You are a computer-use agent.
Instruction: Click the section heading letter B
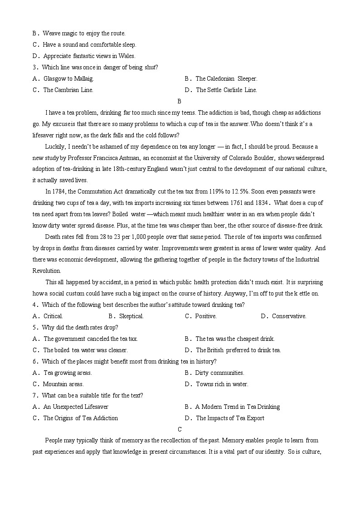[179, 101]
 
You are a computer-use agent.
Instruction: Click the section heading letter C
[180, 429]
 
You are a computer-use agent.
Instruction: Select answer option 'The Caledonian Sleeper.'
[226, 78]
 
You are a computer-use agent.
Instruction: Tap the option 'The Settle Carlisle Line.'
[226, 90]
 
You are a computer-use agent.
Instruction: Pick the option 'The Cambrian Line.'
[68, 90]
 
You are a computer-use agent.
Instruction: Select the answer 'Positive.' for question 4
[206, 316]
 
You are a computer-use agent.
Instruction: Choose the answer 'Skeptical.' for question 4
[131, 316]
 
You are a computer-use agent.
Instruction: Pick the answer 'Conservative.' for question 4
[289, 316]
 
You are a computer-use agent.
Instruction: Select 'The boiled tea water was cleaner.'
[85, 350]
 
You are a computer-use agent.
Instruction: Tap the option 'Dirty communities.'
[219, 373]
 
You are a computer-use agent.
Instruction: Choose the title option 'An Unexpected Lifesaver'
[76, 407]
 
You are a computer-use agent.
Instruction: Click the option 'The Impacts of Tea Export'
[230, 418]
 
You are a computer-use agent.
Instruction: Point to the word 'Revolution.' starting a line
[47, 271]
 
